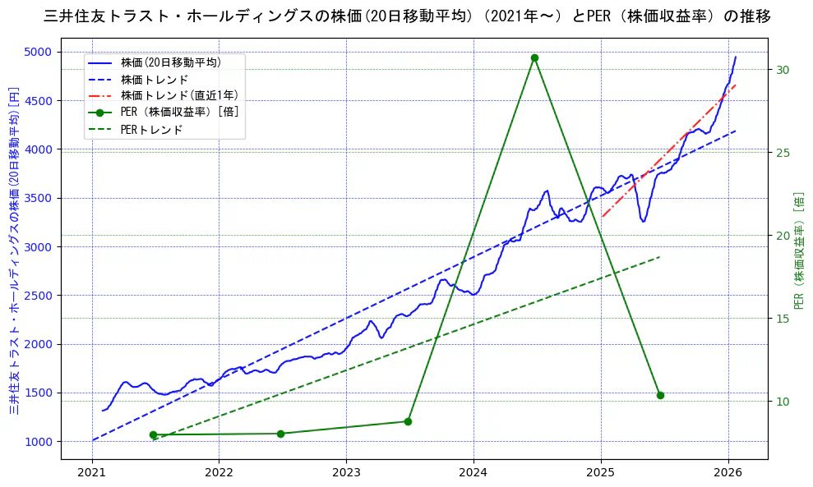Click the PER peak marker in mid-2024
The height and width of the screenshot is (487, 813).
(x=534, y=57)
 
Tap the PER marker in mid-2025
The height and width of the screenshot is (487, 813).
(x=660, y=395)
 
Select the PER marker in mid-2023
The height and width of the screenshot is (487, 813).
(x=408, y=421)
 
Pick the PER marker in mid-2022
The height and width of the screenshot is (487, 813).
(x=280, y=434)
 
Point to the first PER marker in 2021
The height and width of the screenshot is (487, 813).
(x=153, y=434)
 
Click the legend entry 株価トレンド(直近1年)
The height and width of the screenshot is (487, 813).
(x=180, y=95)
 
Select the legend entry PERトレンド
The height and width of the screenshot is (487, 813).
(x=151, y=130)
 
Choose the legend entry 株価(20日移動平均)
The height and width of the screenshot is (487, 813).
(x=170, y=62)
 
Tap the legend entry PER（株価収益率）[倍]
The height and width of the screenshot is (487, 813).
(x=179, y=113)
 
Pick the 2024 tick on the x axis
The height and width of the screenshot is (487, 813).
(x=473, y=473)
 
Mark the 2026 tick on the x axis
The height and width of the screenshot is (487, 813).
(x=728, y=473)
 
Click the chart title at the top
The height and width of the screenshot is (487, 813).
(x=406, y=16)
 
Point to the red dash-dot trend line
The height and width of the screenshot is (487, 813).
(x=666, y=153)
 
